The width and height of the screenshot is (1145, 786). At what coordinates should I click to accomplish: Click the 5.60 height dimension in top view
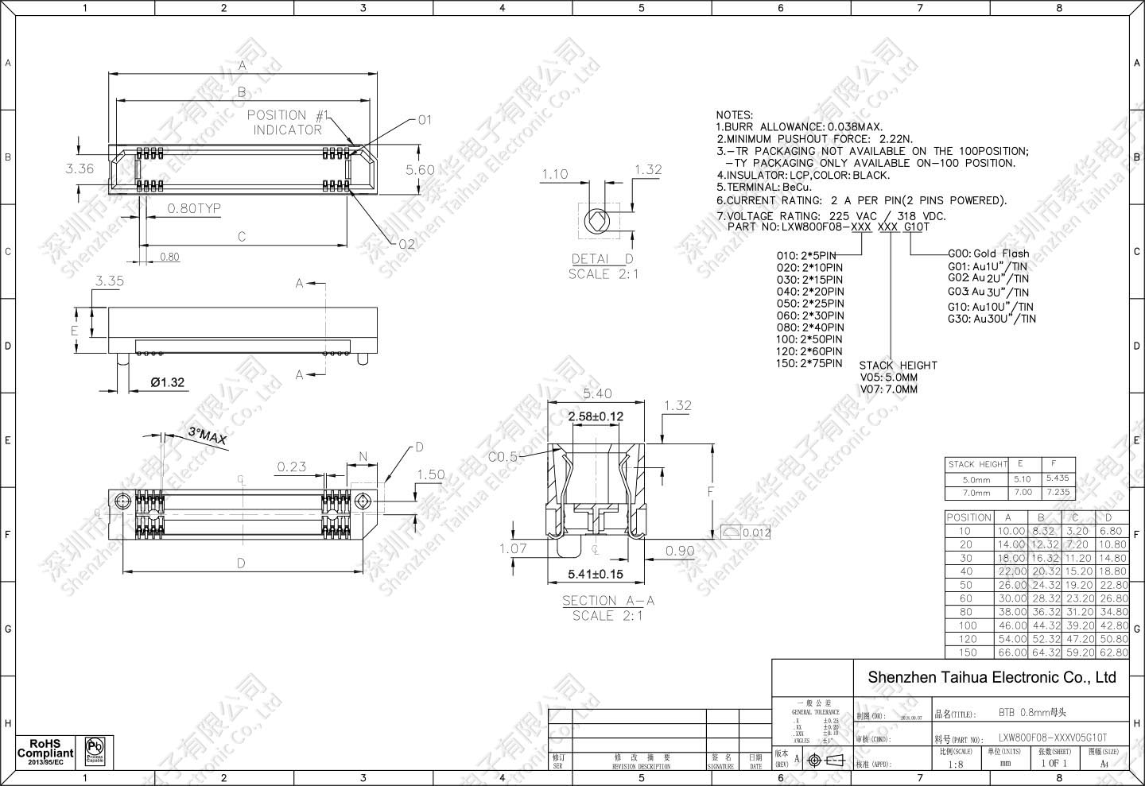tap(420, 169)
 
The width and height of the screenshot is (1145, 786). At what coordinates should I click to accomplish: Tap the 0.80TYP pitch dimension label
tap(194, 209)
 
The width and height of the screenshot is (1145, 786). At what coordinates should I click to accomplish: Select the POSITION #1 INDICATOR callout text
tap(287, 122)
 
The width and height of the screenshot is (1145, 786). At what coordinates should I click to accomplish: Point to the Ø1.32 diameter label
tap(168, 382)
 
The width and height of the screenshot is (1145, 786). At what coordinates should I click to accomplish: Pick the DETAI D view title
tap(603, 259)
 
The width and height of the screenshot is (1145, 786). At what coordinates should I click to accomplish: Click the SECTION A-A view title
tap(603, 601)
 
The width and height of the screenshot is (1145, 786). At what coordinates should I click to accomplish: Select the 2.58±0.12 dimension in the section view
tap(595, 416)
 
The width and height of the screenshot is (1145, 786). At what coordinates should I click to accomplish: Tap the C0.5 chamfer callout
tap(503, 457)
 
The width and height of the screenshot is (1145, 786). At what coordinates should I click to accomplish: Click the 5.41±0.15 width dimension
tap(595, 574)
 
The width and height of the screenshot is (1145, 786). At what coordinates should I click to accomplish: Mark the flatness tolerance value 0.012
tap(755, 532)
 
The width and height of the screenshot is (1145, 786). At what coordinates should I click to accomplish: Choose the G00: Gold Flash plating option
tap(988, 254)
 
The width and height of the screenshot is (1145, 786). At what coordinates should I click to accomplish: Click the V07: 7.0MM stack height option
tap(888, 389)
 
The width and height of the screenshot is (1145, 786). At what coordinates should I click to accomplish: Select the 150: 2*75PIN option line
tap(809, 363)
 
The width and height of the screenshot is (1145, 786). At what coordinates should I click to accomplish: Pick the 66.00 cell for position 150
tap(1011, 652)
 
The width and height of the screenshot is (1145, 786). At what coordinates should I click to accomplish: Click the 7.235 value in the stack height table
tap(1058, 492)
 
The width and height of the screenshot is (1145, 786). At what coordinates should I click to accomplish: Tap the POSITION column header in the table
tap(968, 517)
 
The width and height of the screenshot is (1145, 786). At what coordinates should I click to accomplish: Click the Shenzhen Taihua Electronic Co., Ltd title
tap(992, 678)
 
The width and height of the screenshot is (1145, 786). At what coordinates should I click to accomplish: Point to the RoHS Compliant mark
tap(45, 752)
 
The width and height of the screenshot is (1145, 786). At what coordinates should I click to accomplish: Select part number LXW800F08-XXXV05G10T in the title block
tap(1052, 738)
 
